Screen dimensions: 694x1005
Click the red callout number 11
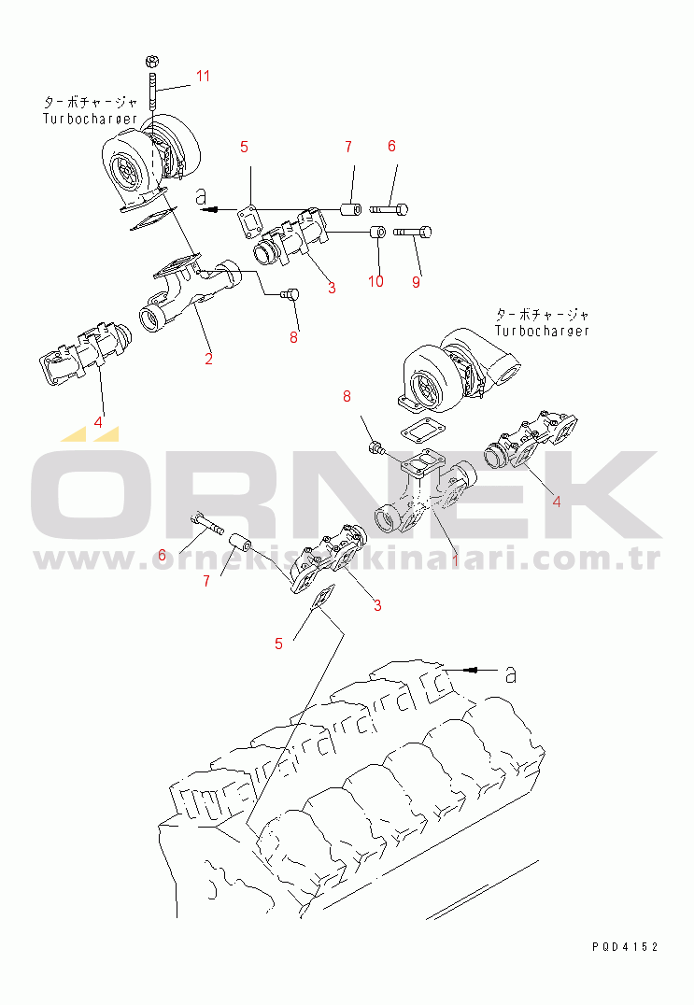(x=203, y=77)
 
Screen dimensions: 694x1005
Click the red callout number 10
(x=375, y=281)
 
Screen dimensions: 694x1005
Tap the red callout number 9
(x=417, y=283)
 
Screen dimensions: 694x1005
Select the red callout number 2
(x=208, y=359)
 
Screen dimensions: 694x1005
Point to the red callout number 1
(x=456, y=559)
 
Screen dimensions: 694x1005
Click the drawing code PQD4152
(x=625, y=947)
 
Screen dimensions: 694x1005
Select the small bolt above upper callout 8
(x=289, y=293)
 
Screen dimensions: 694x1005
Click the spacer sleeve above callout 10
(x=378, y=231)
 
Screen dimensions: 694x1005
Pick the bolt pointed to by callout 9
(x=413, y=232)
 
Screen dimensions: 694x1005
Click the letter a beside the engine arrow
(x=511, y=674)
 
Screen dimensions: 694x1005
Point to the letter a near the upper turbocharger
(x=201, y=196)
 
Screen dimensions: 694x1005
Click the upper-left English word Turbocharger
(x=91, y=120)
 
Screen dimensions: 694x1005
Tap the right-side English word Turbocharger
(x=542, y=332)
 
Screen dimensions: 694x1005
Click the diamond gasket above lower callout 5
(x=321, y=598)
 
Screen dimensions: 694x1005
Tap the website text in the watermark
(x=347, y=559)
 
